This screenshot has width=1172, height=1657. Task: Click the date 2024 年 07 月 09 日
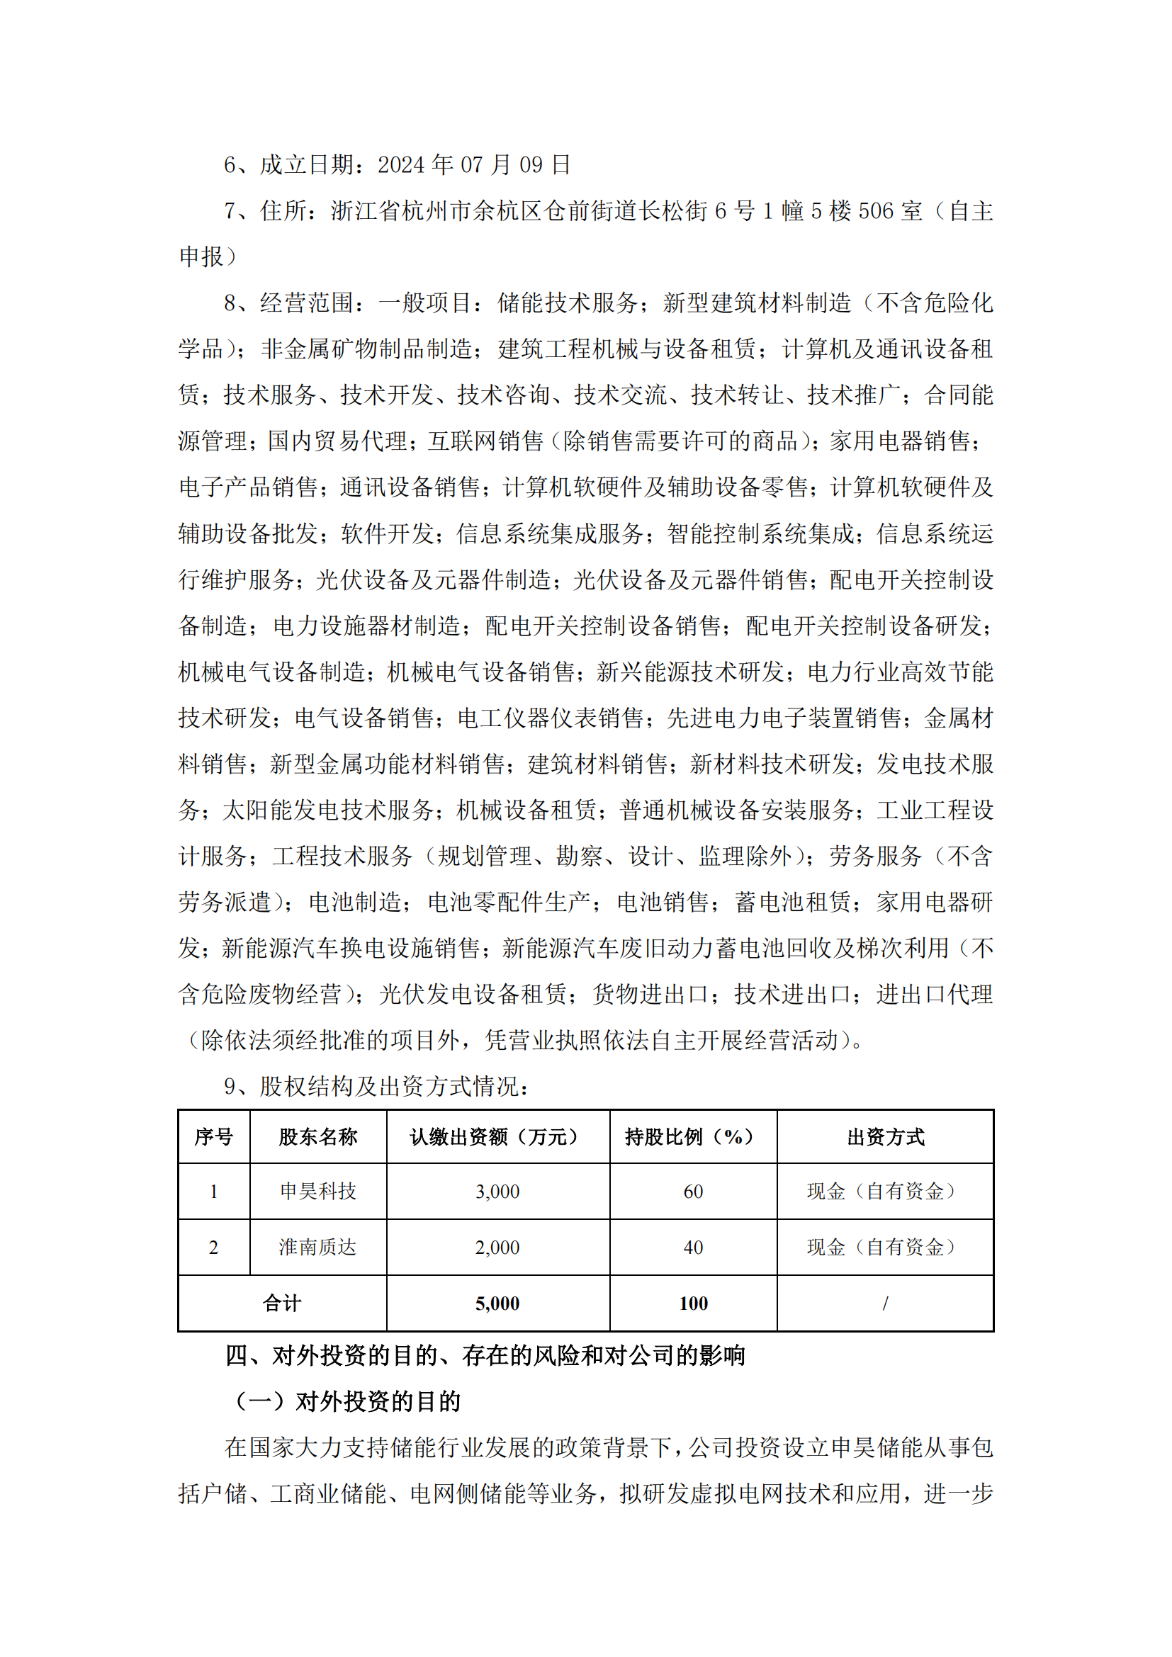(x=474, y=164)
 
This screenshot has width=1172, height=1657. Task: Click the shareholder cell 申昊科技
(x=318, y=1191)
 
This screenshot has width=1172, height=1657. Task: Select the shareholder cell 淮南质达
(x=318, y=1246)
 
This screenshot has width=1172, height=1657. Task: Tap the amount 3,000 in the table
(x=497, y=1192)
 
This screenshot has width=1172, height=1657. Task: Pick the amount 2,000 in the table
(x=497, y=1247)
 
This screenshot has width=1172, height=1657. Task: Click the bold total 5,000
(x=497, y=1303)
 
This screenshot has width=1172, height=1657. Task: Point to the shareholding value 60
(x=693, y=1192)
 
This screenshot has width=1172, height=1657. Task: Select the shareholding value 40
(x=693, y=1247)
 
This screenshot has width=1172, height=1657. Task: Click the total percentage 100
(x=693, y=1303)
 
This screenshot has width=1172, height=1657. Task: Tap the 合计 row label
(x=281, y=1303)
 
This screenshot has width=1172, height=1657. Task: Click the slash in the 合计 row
(x=886, y=1303)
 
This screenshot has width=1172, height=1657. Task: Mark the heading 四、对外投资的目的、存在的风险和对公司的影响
(x=485, y=1355)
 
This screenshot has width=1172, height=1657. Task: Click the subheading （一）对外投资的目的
(x=347, y=1401)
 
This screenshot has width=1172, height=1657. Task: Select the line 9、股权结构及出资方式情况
(x=376, y=1086)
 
